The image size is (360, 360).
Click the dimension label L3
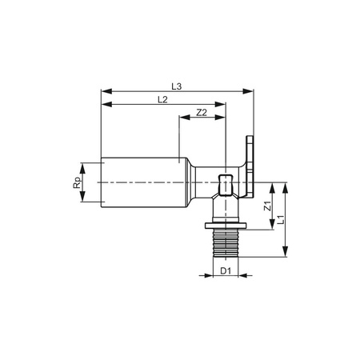[178, 84]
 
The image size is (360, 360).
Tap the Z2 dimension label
[202, 114]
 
